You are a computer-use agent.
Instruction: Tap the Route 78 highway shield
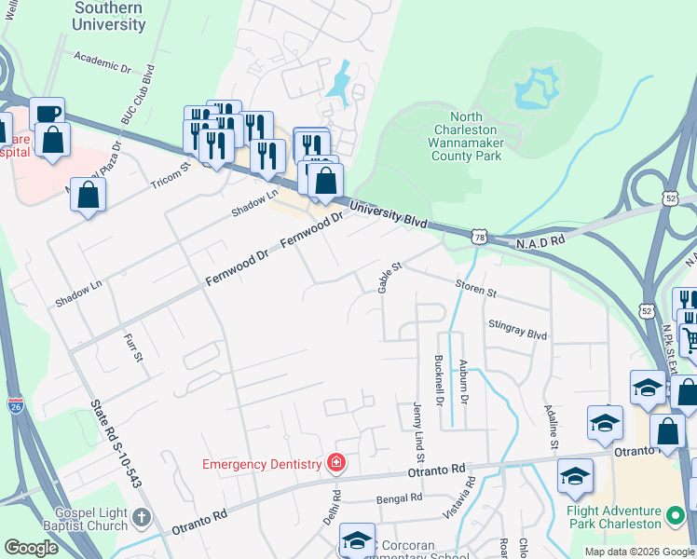click(x=479, y=237)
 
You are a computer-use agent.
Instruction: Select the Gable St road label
click(x=389, y=278)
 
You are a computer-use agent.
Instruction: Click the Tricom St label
click(x=172, y=176)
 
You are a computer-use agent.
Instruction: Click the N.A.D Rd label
click(x=541, y=241)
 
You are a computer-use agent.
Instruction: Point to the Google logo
click(x=31, y=548)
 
